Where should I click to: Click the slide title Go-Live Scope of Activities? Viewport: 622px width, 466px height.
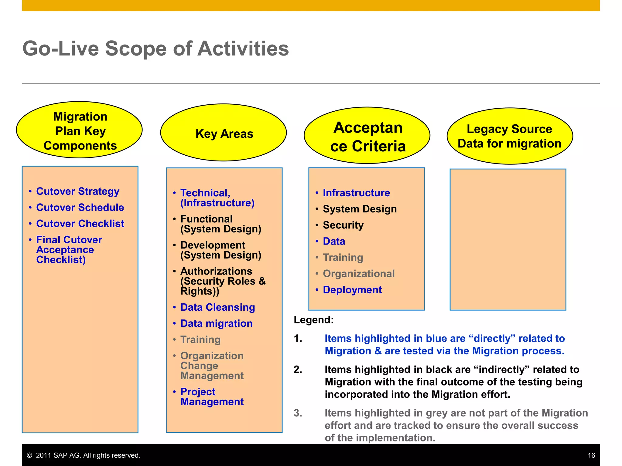point(155,49)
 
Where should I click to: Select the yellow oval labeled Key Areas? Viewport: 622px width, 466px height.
point(224,133)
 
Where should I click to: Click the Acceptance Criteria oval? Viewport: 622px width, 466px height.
point(367,136)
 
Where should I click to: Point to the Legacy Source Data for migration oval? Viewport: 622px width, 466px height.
point(510,136)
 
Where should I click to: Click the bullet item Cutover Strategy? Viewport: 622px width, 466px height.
point(77,191)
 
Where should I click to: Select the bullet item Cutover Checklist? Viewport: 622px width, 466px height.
point(80,224)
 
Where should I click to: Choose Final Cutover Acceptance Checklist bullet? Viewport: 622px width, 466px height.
point(69,250)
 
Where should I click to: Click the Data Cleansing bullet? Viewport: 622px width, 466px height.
point(217,307)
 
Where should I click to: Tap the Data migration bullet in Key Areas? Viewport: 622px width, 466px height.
point(216,323)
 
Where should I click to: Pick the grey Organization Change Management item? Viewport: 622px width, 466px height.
point(212,366)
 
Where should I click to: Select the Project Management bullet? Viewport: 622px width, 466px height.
point(212,397)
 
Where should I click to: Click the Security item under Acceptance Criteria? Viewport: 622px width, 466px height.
point(343,225)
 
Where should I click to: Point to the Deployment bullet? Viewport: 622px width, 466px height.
point(352,290)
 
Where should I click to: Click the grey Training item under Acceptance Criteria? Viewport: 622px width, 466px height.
point(343,258)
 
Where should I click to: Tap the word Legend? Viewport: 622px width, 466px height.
point(313,320)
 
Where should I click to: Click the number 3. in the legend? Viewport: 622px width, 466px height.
point(298,413)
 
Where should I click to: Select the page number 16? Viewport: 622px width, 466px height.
point(591,455)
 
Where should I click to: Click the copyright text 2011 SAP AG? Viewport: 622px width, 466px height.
point(87,455)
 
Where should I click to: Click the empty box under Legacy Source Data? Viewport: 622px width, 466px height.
point(508,240)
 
